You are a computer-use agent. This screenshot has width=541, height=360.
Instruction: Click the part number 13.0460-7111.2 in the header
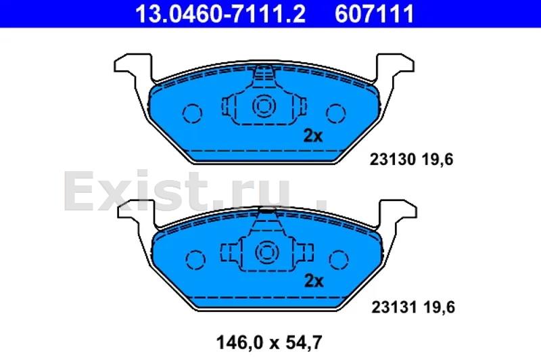click(x=220, y=14)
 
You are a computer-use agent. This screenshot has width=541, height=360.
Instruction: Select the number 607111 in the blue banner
click(x=375, y=14)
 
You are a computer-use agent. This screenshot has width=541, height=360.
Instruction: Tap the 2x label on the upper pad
click(x=313, y=136)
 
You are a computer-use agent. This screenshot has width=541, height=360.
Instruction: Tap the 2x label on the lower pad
click(x=314, y=282)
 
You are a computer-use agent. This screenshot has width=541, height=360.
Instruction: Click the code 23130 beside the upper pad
click(x=392, y=160)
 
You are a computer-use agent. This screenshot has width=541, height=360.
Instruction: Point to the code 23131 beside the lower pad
click(x=394, y=307)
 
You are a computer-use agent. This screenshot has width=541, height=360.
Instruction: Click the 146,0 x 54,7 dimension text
click(x=269, y=342)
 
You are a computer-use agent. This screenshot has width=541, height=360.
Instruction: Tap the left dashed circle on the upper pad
click(x=192, y=113)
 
